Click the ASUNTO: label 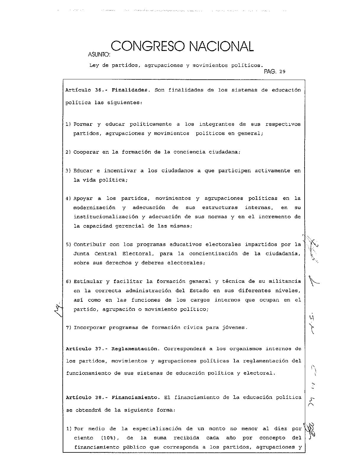[99, 54]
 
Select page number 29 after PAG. [282, 72]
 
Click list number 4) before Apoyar [68, 198]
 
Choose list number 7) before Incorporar [68, 327]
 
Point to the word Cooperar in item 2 [86, 152]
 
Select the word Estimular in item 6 [88, 281]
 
